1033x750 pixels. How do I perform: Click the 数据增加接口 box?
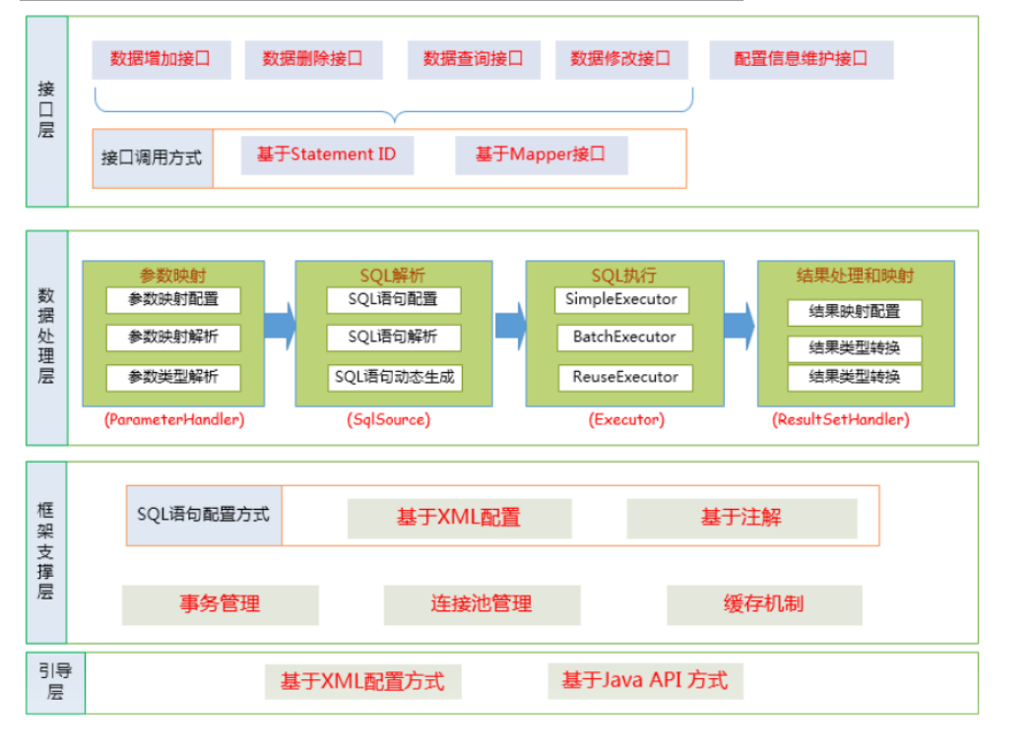point(161,59)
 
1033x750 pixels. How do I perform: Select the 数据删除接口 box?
point(312,59)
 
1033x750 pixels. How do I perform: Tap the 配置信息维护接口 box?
point(801,59)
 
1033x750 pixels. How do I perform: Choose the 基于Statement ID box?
point(327,156)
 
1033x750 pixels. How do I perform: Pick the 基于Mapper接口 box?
point(541,156)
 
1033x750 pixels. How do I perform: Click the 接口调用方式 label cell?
point(152,158)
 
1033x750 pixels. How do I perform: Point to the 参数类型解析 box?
point(172,377)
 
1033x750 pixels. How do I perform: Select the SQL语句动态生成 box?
point(394,377)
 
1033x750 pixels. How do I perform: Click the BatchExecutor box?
point(624,338)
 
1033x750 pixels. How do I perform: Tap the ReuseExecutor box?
point(624,377)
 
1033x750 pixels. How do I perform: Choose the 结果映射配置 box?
point(854,312)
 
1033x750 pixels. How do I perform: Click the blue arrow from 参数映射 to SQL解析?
point(281,325)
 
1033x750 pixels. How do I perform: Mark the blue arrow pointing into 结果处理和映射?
point(740,325)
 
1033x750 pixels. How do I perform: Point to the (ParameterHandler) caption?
point(173,419)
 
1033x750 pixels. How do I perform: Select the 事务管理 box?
point(220,604)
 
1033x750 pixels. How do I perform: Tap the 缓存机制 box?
point(763,604)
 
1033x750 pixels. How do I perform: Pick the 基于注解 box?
point(741,518)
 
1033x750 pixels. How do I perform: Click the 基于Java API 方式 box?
point(644,680)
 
